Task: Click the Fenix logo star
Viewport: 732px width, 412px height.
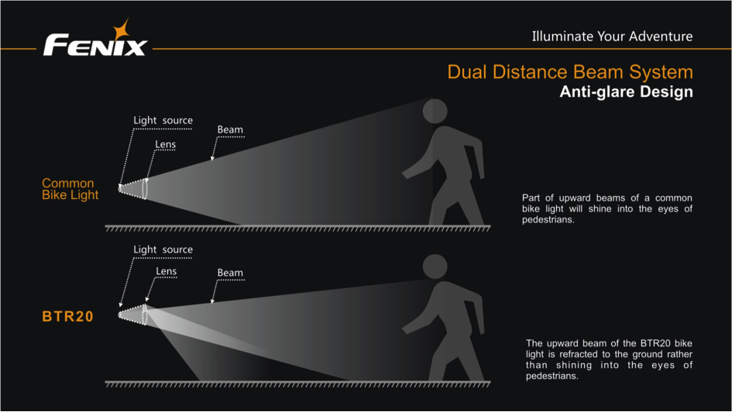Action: (123, 31)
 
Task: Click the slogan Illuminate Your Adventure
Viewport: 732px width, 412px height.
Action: (612, 36)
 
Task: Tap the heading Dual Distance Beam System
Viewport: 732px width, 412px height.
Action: (569, 72)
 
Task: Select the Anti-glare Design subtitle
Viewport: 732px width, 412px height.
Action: (626, 92)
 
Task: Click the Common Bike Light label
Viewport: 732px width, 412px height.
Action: (70, 189)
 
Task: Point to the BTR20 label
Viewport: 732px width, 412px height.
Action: (67, 317)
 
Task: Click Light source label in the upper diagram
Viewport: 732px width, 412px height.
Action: (163, 120)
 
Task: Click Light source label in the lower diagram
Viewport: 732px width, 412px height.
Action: (163, 249)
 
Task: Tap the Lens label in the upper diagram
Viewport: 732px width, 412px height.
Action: (165, 144)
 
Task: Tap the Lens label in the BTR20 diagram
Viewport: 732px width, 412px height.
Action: (166, 271)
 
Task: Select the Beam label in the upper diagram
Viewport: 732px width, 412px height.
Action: (230, 130)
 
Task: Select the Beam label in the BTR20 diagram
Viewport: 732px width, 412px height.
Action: (230, 273)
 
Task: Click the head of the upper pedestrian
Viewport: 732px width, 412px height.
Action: (435, 111)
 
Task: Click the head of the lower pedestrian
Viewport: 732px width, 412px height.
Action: (435, 266)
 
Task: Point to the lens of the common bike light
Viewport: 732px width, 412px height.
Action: (145, 188)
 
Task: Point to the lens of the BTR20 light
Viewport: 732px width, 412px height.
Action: (144, 314)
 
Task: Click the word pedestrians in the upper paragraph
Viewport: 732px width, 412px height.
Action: (547, 220)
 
